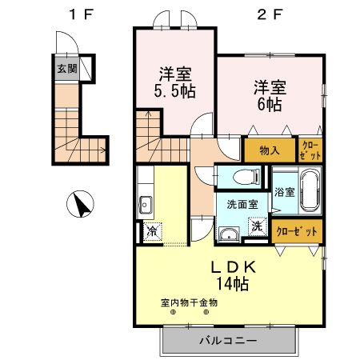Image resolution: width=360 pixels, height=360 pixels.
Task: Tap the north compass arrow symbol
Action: pyautogui.click(x=81, y=206)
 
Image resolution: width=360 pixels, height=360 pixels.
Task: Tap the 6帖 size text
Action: pyautogui.click(x=269, y=104)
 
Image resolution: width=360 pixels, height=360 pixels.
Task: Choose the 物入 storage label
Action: pyautogui.click(x=269, y=150)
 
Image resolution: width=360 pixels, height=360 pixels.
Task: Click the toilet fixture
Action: pyautogui.click(x=242, y=177)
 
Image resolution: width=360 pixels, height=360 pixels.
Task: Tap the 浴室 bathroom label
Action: pyautogui.click(x=286, y=192)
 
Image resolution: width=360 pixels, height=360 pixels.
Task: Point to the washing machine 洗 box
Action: pyautogui.click(x=258, y=226)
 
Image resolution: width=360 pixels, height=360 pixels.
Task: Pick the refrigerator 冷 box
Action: pyautogui.click(x=150, y=232)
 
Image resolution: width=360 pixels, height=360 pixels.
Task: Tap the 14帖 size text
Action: pyautogui.click(x=233, y=283)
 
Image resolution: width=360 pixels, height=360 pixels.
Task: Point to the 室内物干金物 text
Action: pyautogui.click(x=189, y=302)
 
